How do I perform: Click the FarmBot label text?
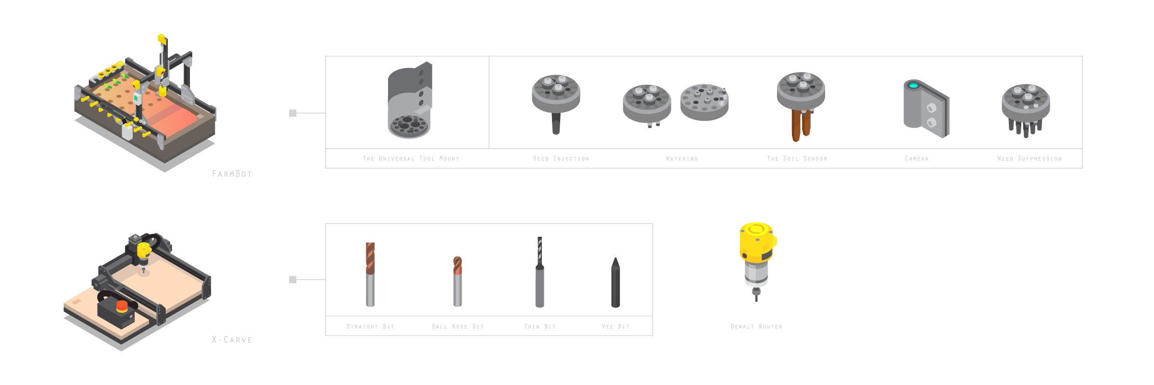tap(232, 174)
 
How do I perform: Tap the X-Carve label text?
tap(232, 340)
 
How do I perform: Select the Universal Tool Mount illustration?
tap(410, 100)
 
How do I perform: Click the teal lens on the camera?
tap(913, 86)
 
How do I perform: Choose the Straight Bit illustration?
tap(370, 274)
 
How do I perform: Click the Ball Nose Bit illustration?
tap(458, 282)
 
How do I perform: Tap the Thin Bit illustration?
tap(539, 272)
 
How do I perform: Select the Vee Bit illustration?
tap(615, 282)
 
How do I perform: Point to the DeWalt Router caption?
tap(756, 327)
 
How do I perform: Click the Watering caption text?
tap(682, 159)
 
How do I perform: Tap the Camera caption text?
tap(916, 159)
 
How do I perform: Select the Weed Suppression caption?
tap(1029, 159)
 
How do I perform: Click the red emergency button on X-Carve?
tap(122, 305)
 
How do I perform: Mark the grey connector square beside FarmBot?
tap(292, 113)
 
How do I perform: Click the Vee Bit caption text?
tap(615, 327)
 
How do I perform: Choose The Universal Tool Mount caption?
tap(411, 159)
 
